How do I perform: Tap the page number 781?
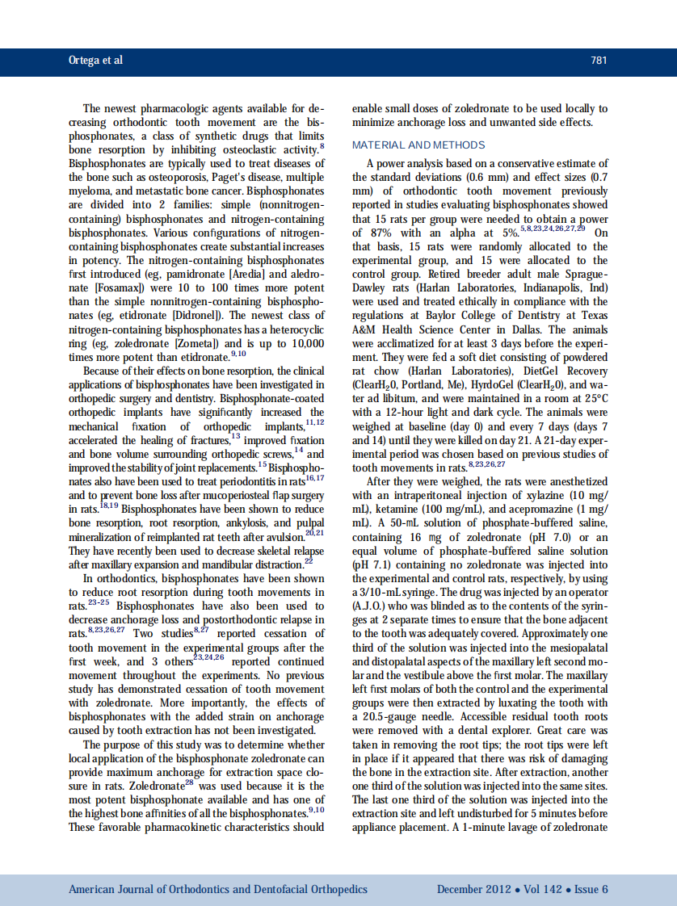coord(598,61)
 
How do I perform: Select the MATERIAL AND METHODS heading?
coord(418,145)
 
